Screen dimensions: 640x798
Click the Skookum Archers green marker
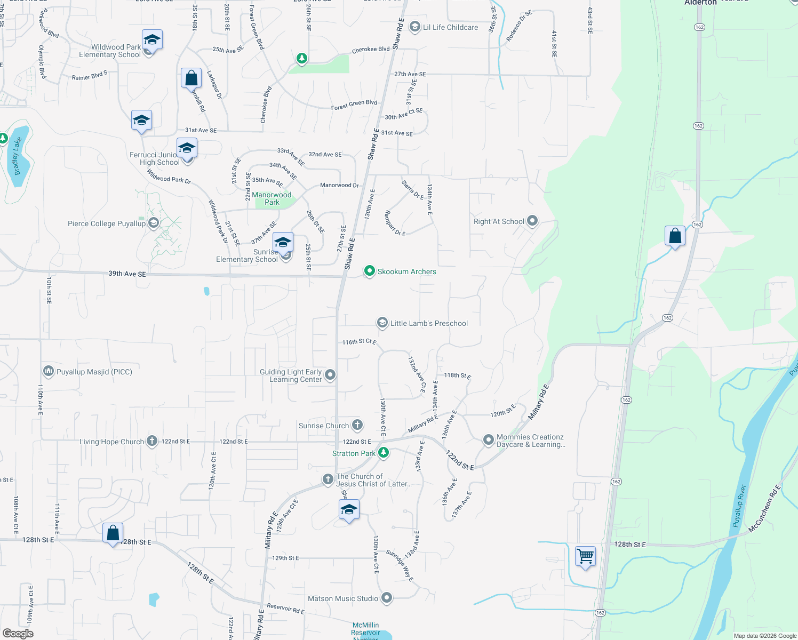point(369,271)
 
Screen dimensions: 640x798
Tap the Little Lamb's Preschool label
point(429,323)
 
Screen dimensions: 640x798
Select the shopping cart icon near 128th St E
point(585,556)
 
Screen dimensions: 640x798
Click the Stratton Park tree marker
point(383,453)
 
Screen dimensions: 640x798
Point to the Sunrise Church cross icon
point(357,425)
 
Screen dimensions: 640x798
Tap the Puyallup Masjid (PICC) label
point(94,372)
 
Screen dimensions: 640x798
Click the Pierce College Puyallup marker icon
point(154,223)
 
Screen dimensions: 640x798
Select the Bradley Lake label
point(17,156)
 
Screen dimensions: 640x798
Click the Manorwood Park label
point(272,198)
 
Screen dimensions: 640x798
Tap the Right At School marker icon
point(532,221)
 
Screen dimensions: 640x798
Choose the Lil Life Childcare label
point(450,27)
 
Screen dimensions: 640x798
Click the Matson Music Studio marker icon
point(387,598)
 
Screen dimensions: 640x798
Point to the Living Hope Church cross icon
point(152,441)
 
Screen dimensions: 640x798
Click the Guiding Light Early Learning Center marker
point(330,375)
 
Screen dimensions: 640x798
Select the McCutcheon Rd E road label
point(764,508)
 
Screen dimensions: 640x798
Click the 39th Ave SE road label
point(127,274)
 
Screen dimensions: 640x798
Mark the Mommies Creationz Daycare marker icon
point(488,440)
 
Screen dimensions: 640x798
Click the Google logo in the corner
point(18,633)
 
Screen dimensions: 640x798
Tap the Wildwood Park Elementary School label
point(110,51)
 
